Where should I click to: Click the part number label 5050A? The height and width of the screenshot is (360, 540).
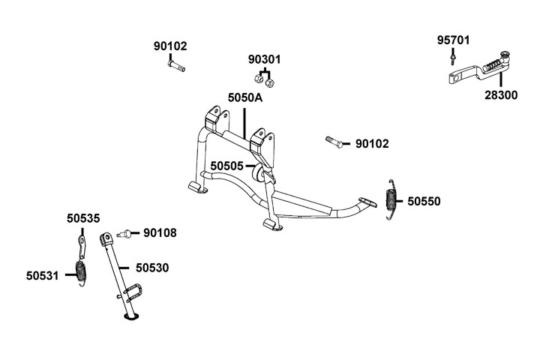point(244,97)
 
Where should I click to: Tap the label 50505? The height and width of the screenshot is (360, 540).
point(226,166)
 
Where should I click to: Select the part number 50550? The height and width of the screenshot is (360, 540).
point(424,201)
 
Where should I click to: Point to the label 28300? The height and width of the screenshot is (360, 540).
point(500,95)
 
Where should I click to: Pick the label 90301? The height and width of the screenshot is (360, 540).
point(265,58)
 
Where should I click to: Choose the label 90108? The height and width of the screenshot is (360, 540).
point(160,233)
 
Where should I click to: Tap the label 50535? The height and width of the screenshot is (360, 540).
point(82,218)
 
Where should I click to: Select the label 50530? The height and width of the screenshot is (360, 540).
point(152,267)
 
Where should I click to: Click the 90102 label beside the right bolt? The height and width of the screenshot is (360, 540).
point(372,143)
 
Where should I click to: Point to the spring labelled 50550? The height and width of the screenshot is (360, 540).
point(390,201)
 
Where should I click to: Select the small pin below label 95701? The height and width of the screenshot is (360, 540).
point(453,58)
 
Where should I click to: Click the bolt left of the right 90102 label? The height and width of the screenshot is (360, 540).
point(335,140)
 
